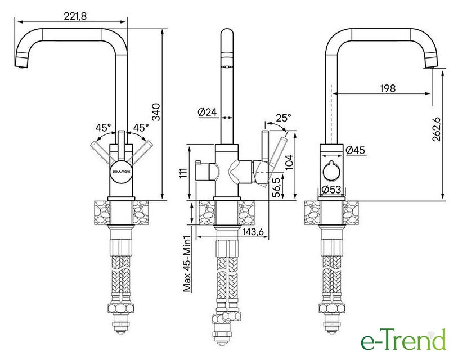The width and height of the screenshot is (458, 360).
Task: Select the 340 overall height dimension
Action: pos(156,112)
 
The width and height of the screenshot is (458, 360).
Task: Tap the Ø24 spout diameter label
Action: pos(208,112)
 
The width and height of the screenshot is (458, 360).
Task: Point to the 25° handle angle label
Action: pos(284,118)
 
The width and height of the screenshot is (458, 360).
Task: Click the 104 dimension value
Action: pos(289,163)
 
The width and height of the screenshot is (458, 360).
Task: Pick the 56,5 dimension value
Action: pos(277,187)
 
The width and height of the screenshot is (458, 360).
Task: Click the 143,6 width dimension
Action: pos(253,232)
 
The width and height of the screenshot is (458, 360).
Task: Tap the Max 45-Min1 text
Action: pos(187,264)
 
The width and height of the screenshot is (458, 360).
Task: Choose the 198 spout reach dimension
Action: pos(388,88)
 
